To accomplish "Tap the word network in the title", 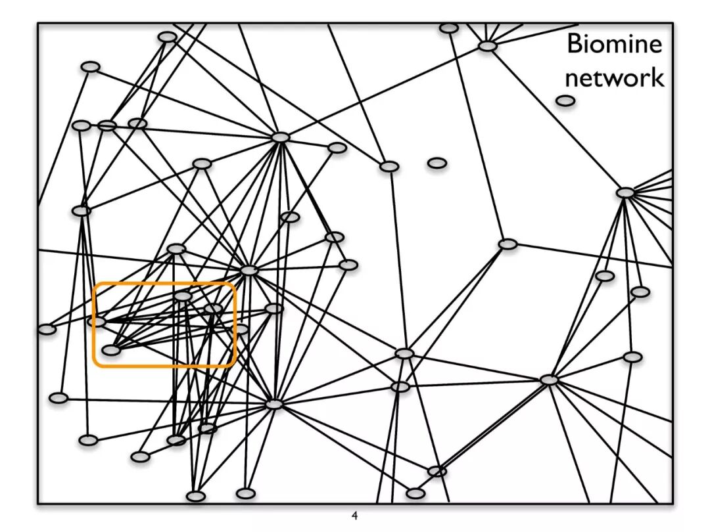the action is point(614,78).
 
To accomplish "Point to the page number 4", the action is point(355,516).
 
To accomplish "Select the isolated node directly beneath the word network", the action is point(565,100).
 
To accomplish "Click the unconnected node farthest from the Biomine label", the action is point(437,162).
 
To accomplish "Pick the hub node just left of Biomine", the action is point(486,46).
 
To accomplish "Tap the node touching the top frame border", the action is point(449,28).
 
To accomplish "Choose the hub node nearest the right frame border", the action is point(625,192).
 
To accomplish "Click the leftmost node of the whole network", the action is point(47,329).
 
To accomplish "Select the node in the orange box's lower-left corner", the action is point(111,350).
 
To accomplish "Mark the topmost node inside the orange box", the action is point(183,296).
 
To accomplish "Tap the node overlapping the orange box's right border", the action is point(241,328).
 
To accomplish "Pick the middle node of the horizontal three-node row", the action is point(106,125).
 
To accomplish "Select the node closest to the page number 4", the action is point(415,493).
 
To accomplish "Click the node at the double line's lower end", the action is point(437,471).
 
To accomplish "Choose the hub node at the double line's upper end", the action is point(549,380).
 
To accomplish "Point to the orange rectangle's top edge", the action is point(164,284).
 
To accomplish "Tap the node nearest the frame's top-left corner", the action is point(90,66).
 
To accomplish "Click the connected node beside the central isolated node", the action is point(389,166).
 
